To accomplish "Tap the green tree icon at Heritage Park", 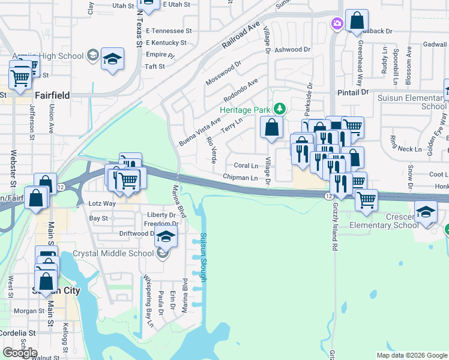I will (x=279, y=109).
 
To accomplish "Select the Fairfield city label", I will (x=52, y=95).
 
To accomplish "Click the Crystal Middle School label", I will (x=113, y=254).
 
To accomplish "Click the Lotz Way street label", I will (x=102, y=204).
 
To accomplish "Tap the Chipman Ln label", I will (x=240, y=178).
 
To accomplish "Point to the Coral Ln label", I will (x=246, y=165).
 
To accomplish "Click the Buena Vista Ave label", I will (x=200, y=132).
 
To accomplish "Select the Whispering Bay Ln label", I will (x=146, y=296).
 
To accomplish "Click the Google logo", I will (x=20, y=352).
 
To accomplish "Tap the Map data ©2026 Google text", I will (x=412, y=355).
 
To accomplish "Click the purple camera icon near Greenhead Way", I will (x=337, y=23).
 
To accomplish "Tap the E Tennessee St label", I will (x=169, y=31).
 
